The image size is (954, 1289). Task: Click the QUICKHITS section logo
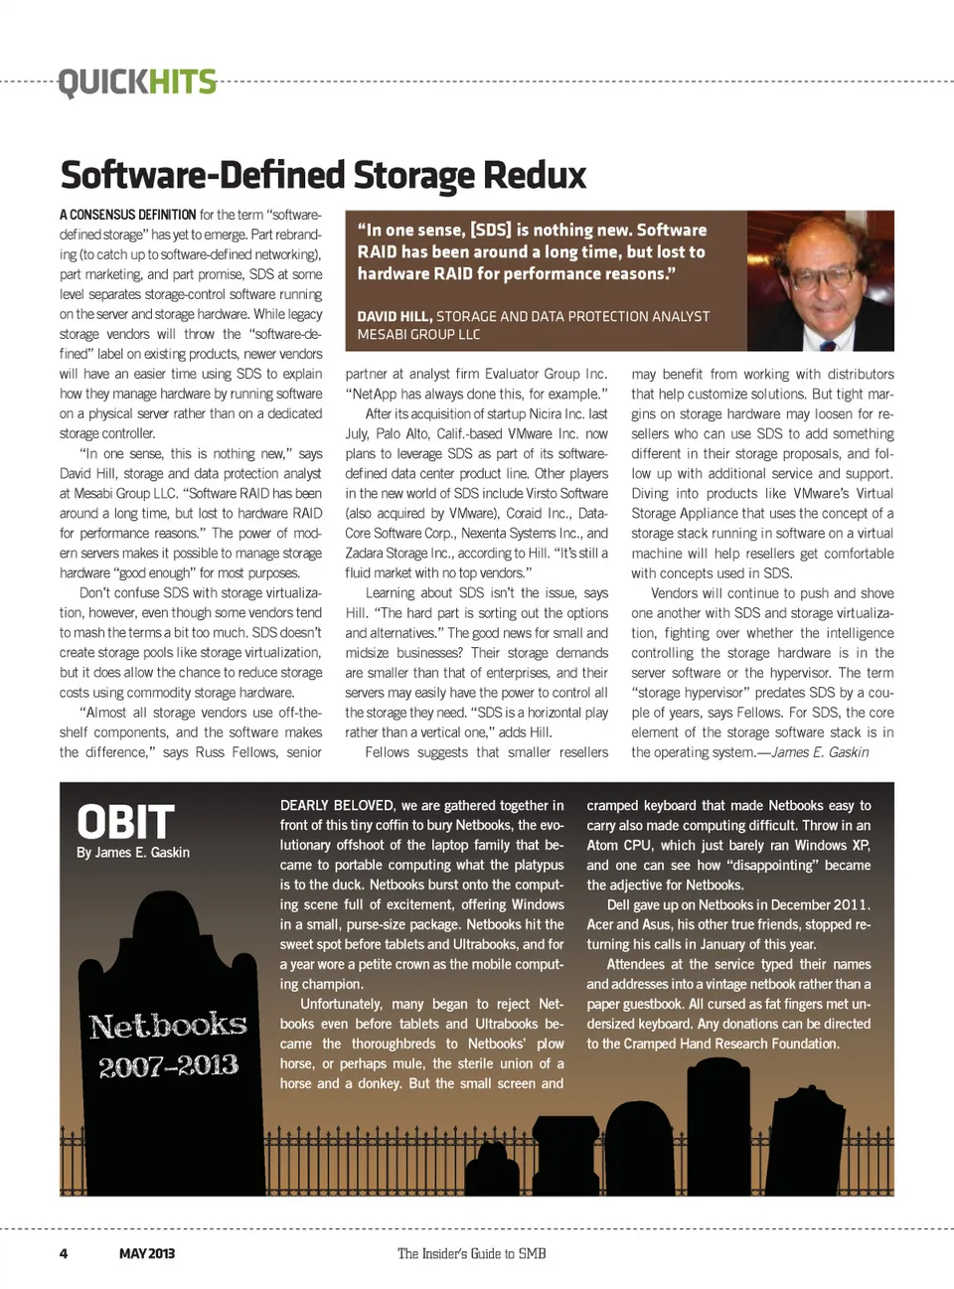137,81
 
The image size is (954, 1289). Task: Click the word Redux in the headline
534,175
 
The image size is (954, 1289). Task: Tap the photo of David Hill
820,281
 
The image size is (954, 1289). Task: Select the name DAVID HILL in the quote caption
394,316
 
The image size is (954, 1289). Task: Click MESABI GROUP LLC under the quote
418,335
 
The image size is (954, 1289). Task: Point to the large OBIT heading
126,822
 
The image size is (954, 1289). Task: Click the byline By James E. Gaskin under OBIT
133,853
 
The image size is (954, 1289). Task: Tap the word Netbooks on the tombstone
168,1026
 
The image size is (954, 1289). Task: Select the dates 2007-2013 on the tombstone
168,1066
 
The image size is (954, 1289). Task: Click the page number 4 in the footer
64,1253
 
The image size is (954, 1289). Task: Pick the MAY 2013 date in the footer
146,1253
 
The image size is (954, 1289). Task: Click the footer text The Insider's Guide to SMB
471,1253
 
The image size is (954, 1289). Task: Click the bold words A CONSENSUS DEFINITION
127,215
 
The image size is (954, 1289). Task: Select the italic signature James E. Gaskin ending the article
820,752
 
